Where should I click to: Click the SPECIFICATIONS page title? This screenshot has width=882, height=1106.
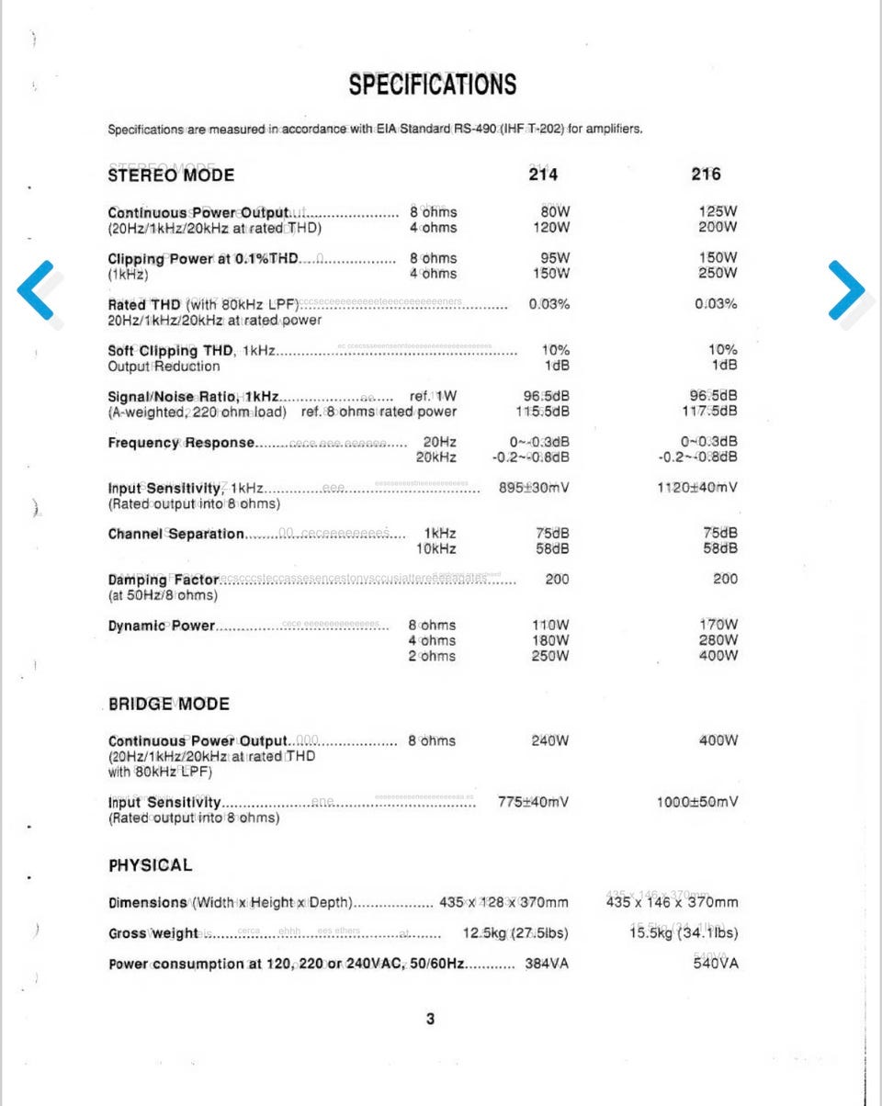(432, 85)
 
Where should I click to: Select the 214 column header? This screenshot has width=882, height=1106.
(542, 175)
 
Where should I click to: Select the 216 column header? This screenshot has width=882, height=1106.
(706, 175)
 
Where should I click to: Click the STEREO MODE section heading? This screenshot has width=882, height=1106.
(171, 175)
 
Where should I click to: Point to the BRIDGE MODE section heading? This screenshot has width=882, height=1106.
(169, 705)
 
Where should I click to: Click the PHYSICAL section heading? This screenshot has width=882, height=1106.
(151, 865)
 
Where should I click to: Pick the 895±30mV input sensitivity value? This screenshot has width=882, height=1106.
(534, 488)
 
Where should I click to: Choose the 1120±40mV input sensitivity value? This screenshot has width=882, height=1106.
(696, 488)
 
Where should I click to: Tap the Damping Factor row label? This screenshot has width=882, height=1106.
(164, 580)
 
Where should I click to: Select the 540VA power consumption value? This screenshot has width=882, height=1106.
(716, 964)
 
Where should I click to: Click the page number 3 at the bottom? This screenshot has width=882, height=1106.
(431, 1019)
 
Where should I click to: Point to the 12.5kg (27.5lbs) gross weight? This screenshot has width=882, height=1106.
(515, 933)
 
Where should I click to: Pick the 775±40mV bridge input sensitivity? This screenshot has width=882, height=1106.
(533, 802)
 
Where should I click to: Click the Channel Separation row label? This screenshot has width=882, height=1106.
(176, 534)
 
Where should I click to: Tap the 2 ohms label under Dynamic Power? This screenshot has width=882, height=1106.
(432, 656)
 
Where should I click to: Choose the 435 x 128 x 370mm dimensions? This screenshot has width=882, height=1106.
(503, 902)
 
